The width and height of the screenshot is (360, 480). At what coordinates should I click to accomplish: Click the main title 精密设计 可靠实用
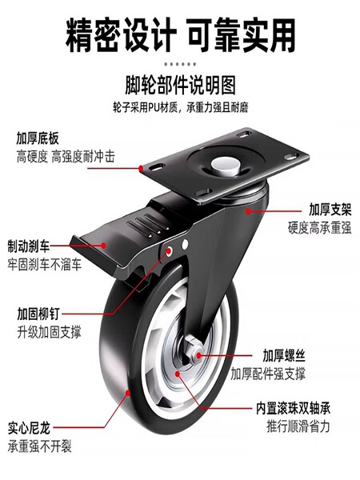pyautogui.click(x=180, y=35)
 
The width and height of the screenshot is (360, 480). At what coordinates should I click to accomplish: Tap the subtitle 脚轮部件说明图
pyautogui.click(x=180, y=85)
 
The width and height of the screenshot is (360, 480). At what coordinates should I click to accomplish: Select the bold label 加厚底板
pyautogui.click(x=38, y=138)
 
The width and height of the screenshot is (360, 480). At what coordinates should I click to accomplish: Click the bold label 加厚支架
pyautogui.click(x=330, y=210)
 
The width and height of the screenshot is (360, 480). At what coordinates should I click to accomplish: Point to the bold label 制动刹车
pyautogui.click(x=29, y=246)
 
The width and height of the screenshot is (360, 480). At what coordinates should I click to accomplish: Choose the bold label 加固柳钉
pyautogui.click(x=38, y=314)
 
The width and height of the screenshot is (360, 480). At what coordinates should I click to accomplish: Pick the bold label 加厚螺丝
pyautogui.click(x=284, y=355)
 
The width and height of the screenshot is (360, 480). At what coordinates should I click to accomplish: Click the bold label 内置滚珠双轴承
pyautogui.click(x=293, y=408)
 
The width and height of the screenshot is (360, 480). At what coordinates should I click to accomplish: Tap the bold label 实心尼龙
pyautogui.click(x=29, y=428)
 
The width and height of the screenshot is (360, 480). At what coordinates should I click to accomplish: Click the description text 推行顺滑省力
pyautogui.click(x=298, y=426)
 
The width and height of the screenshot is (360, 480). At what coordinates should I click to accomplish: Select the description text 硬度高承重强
pyautogui.click(x=319, y=228)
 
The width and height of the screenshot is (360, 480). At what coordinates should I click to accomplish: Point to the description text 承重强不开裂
pyautogui.click(x=39, y=446)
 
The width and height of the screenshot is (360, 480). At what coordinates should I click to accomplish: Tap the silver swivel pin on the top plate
pyautogui.click(x=226, y=166)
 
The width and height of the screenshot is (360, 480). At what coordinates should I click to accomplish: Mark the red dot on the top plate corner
pyautogui.click(x=141, y=168)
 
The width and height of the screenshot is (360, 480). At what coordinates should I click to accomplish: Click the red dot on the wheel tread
pyautogui.click(x=128, y=393)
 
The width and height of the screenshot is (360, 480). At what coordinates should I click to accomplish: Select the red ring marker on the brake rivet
pyautogui.click(x=169, y=251)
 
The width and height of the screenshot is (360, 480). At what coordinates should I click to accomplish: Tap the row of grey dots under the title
pyautogui.click(x=180, y=64)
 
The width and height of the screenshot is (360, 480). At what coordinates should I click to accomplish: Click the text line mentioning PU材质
pyautogui.click(x=180, y=107)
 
